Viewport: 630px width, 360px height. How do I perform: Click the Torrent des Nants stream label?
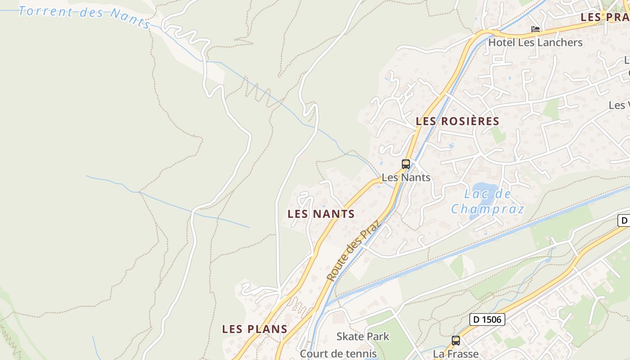84,15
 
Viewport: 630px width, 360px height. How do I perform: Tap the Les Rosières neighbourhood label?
457,121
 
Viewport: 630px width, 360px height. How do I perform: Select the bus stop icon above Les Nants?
406,164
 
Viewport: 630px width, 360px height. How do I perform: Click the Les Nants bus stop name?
406,177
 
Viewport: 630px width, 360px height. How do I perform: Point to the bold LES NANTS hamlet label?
321,214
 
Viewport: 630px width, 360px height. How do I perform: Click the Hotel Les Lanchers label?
535,43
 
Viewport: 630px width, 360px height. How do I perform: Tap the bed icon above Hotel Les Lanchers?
535,30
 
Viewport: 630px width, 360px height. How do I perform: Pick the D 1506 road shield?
487,319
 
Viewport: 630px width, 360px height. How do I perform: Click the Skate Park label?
363,336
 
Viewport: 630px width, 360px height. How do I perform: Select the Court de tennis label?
338,354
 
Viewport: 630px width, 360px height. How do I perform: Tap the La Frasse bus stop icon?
456,341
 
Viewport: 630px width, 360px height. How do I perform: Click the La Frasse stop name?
456,354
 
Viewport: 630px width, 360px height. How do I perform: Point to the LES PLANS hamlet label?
255,329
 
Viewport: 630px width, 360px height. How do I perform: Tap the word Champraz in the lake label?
488,209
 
